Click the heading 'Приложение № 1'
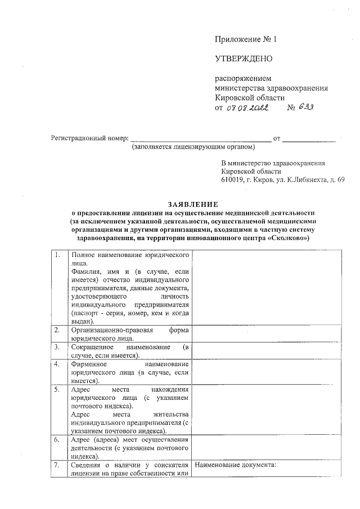[246, 39]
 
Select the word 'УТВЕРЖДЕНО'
[243, 59]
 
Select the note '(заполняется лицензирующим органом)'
[193, 147]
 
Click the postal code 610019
[233, 179]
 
